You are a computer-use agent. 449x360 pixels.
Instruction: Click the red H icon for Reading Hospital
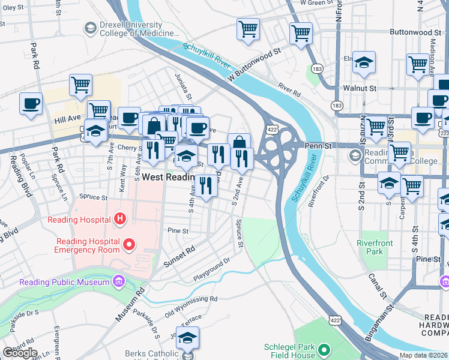[120, 219]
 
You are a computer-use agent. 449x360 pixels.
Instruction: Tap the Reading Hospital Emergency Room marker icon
[128, 244]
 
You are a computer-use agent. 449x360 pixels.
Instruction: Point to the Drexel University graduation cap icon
[90, 28]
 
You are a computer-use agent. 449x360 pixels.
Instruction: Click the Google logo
[20, 352]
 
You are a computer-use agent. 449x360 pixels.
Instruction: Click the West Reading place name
[168, 178]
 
